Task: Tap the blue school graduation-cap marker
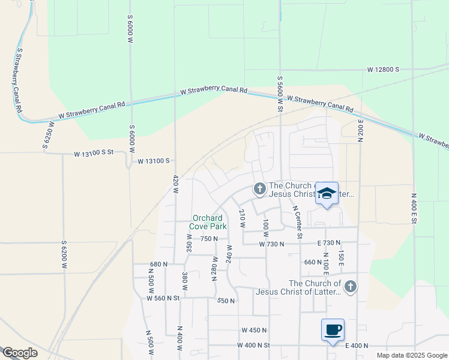click(327, 193)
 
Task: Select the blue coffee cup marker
click(333, 329)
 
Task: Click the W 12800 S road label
click(384, 70)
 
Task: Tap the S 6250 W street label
click(48, 134)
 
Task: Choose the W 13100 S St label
click(94, 154)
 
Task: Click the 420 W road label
click(176, 182)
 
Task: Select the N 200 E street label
click(361, 130)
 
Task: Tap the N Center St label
click(297, 221)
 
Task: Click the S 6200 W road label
click(64, 254)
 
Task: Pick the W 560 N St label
click(163, 298)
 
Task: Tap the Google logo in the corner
click(20, 353)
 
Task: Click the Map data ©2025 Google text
click(411, 355)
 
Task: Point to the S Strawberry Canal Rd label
click(16, 81)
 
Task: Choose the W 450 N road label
click(254, 330)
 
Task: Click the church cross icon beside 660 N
click(351, 287)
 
